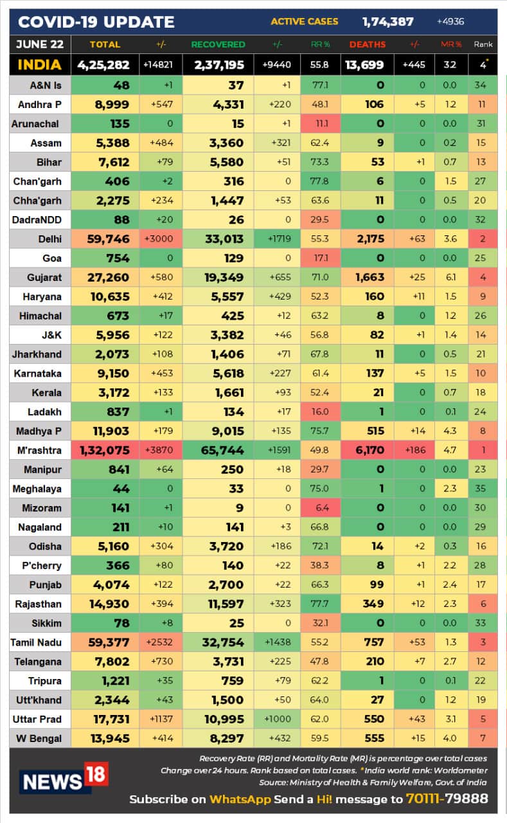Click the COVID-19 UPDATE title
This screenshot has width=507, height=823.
coord(96,22)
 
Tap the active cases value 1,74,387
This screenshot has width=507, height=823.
coord(387,21)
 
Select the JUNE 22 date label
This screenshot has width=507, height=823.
coord(39,44)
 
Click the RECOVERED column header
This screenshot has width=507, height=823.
coord(218,44)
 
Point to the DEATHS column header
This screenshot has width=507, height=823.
coord(368,44)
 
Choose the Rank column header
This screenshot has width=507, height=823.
coord(483,44)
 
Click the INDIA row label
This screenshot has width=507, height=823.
coord(39,64)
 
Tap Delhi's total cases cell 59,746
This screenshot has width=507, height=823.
coord(103,239)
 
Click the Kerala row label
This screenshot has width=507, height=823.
coord(46,392)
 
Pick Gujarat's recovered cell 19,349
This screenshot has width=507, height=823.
coord(219,278)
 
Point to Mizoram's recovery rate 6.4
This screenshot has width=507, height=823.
coord(320,508)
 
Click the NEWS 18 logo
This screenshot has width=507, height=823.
coord(63,779)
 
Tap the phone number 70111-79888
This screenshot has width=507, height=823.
coord(447,799)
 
